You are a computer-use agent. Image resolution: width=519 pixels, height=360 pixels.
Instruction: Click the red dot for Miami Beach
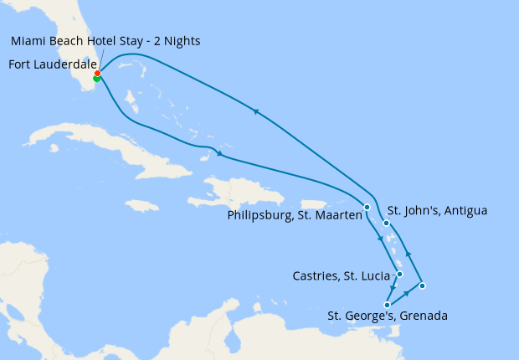(x=98, y=74)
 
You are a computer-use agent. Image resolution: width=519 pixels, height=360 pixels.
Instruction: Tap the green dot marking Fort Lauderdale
(x=97, y=79)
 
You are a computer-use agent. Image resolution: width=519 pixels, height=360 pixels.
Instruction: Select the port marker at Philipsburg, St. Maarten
(x=367, y=207)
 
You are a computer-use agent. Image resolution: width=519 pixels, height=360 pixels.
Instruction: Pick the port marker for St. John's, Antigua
(x=386, y=223)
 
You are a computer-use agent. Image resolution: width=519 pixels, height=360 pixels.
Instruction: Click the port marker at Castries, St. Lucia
(x=400, y=274)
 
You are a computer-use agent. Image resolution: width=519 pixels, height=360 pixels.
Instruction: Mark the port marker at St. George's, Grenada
(x=387, y=305)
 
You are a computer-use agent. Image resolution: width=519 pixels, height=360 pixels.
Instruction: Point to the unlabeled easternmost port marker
(x=423, y=286)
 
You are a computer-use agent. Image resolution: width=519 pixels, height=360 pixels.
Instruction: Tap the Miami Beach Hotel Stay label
(x=84, y=41)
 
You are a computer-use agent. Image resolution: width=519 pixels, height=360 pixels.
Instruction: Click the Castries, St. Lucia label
(x=342, y=275)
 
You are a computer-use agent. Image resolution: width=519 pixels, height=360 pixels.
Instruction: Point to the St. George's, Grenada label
(x=388, y=316)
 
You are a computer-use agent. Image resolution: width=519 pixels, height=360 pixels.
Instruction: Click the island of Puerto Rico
(x=313, y=204)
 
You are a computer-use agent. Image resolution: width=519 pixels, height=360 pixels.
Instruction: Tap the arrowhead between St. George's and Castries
(x=393, y=290)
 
